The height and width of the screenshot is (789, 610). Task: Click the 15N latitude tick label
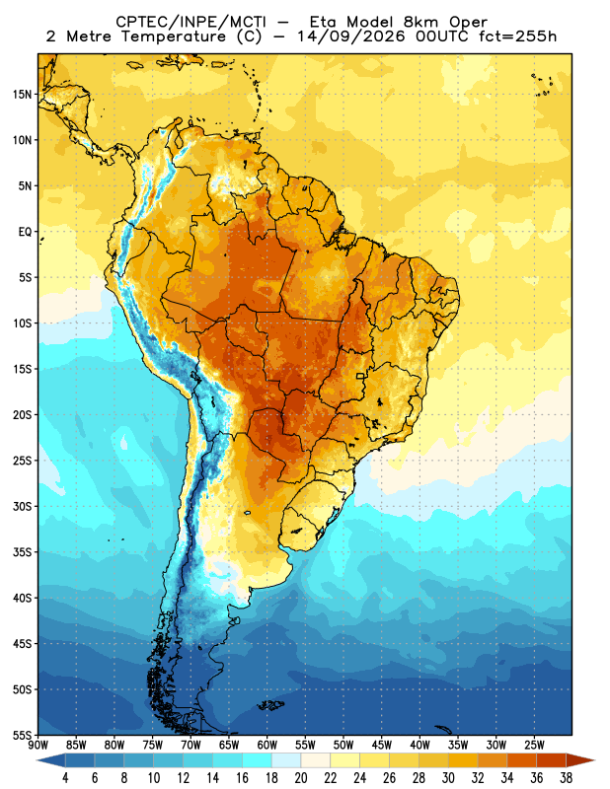point(22,94)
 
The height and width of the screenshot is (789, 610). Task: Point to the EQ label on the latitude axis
point(26,232)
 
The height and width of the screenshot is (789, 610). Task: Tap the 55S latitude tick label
point(22,735)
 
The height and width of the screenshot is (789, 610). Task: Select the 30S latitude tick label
point(22,506)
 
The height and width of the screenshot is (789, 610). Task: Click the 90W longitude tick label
point(38,745)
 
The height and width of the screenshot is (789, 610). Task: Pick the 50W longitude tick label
point(343,745)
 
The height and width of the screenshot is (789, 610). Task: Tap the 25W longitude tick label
point(534,745)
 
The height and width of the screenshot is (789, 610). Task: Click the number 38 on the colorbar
point(566,778)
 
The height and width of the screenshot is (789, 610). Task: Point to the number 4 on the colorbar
point(65,778)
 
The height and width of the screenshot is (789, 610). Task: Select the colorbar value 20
point(301,778)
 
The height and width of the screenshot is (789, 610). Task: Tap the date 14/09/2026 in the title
point(350,36)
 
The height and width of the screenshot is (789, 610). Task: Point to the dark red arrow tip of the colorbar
point(594,760)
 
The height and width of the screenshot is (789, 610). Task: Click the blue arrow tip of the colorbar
point(38,760)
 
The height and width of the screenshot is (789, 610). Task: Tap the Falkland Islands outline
point(271,705)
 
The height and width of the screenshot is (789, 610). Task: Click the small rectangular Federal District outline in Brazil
point(360,376)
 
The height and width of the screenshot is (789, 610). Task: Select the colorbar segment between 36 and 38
point(552,760)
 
